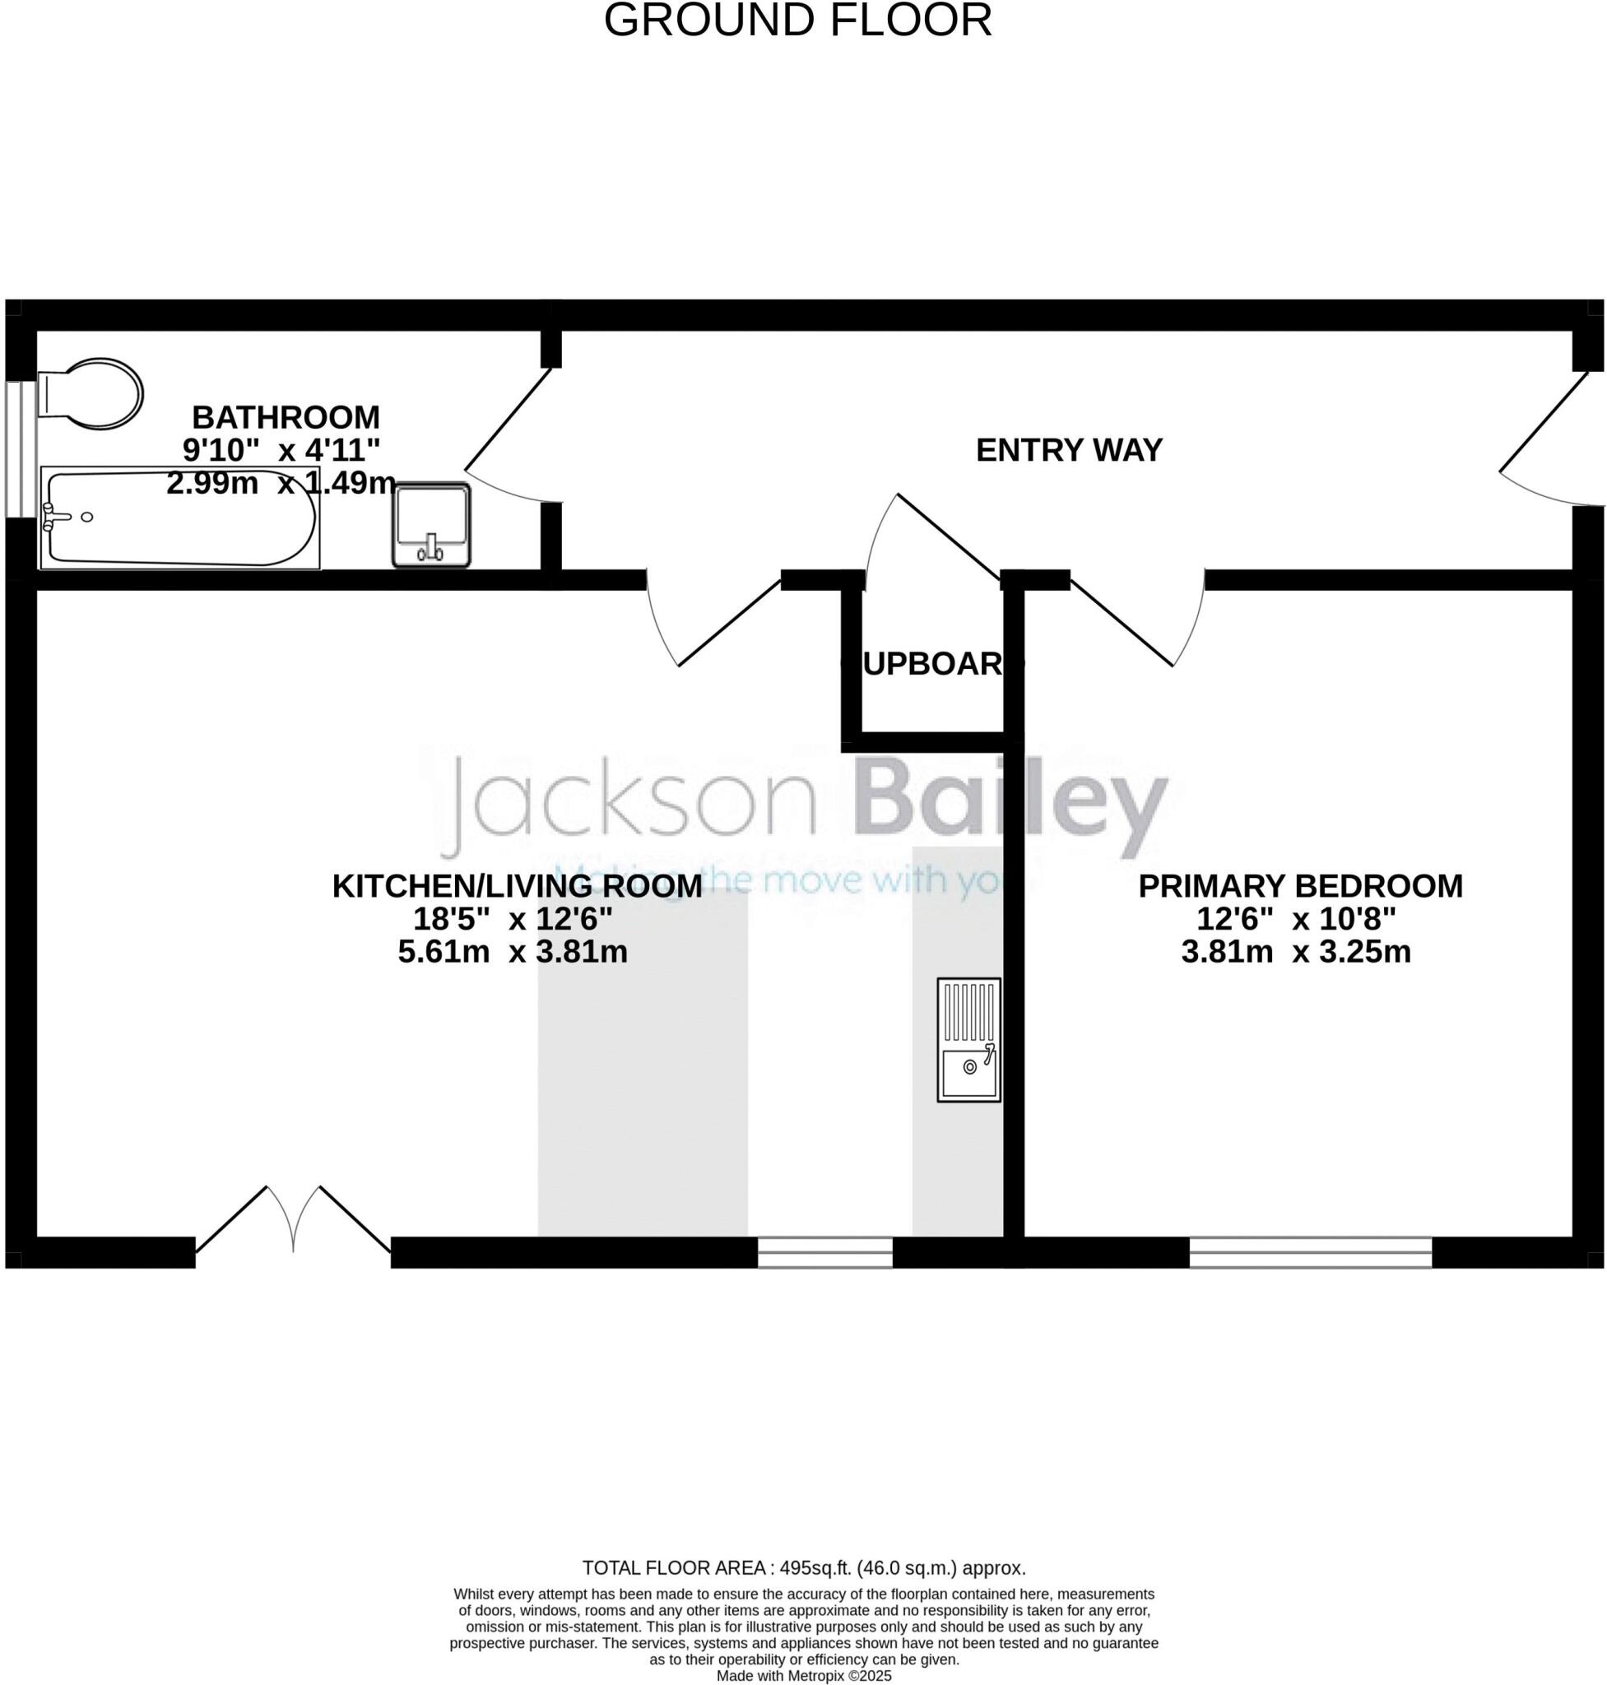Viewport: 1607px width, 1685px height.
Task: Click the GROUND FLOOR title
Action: (797, 21)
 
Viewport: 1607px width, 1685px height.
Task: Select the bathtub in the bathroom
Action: (180, 518)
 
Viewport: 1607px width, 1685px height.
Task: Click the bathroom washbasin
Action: (431, 525)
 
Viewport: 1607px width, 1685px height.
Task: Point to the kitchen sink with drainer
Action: (968, 1039)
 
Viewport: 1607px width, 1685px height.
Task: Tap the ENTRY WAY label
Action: (1068, 450)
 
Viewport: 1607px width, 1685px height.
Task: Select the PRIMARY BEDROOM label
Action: (1299, 886)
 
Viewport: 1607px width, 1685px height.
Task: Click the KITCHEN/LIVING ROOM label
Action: (517, 886)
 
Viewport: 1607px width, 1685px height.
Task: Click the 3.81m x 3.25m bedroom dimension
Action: (1295, 952)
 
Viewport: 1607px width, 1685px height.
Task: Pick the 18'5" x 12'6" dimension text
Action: (513, 919)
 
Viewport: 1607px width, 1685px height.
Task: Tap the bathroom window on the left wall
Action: (21, 449)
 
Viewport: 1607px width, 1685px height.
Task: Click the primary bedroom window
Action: (1310, 1252)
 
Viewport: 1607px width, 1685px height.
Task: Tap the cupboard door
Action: (934, 540)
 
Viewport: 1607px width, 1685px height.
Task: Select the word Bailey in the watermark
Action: (1010, 809)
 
